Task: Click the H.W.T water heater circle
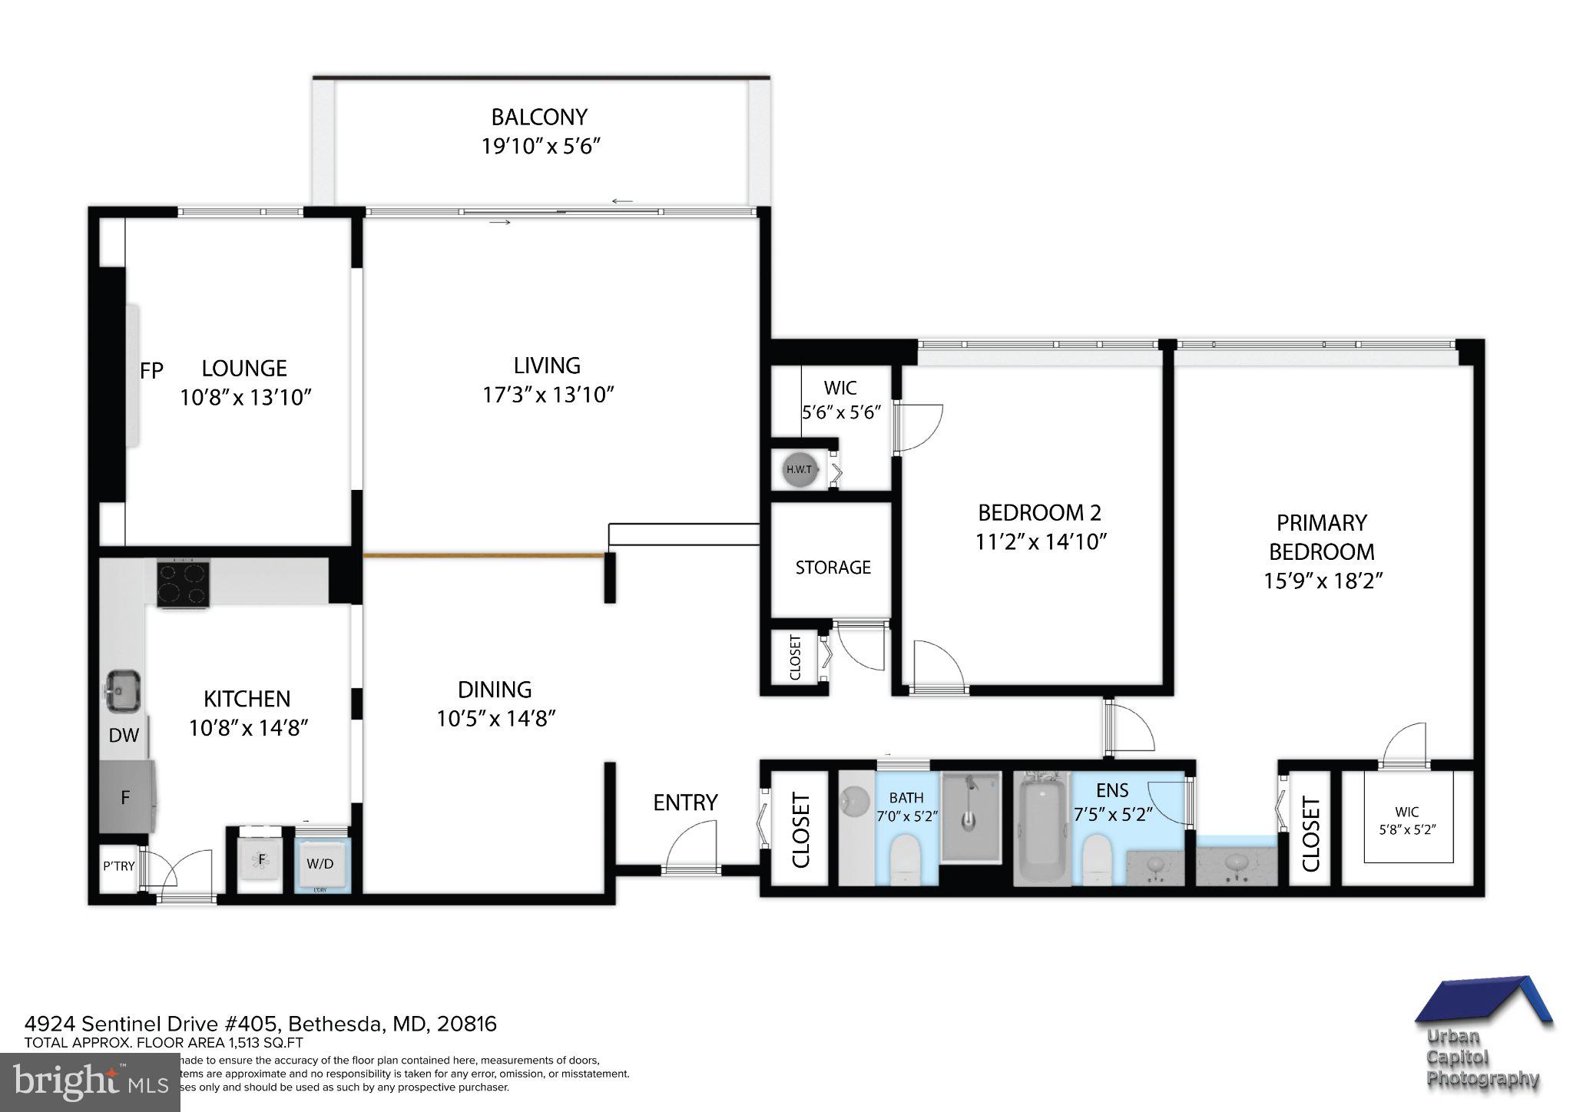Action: [798, 469]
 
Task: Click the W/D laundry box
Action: [320, 863]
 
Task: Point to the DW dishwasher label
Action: [124, 736]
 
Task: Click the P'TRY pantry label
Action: [118, 866]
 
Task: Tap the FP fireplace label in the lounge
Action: [151, 371]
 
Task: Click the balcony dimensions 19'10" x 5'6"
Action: [540, 146]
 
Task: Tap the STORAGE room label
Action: [833, 568]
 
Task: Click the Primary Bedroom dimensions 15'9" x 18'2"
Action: [1323, 581]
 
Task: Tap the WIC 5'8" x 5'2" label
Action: [1406, 820]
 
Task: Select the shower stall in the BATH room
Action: [971, 816]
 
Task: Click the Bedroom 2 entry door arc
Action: [939, 664]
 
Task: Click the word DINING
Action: [495, 689]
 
